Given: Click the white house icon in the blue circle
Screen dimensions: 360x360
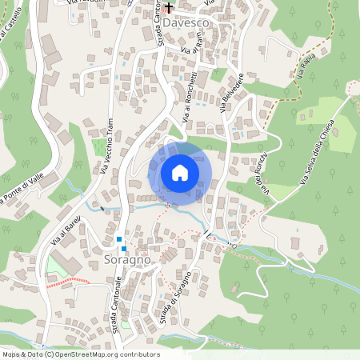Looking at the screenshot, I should coord(180,173).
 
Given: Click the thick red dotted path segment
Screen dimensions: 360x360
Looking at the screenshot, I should coord(67,282).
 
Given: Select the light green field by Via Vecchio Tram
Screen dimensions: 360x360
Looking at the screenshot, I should coord(101,148).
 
